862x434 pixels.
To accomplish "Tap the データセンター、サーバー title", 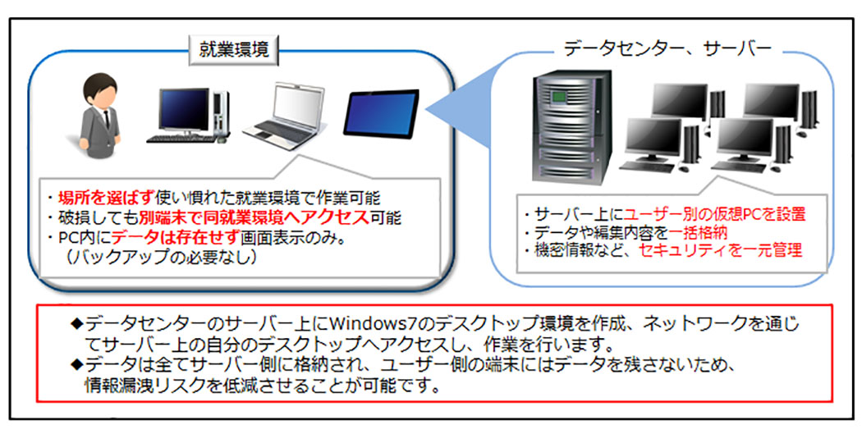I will click(x=667, y=48).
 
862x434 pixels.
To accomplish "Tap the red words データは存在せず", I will click(x=159, y=239).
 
